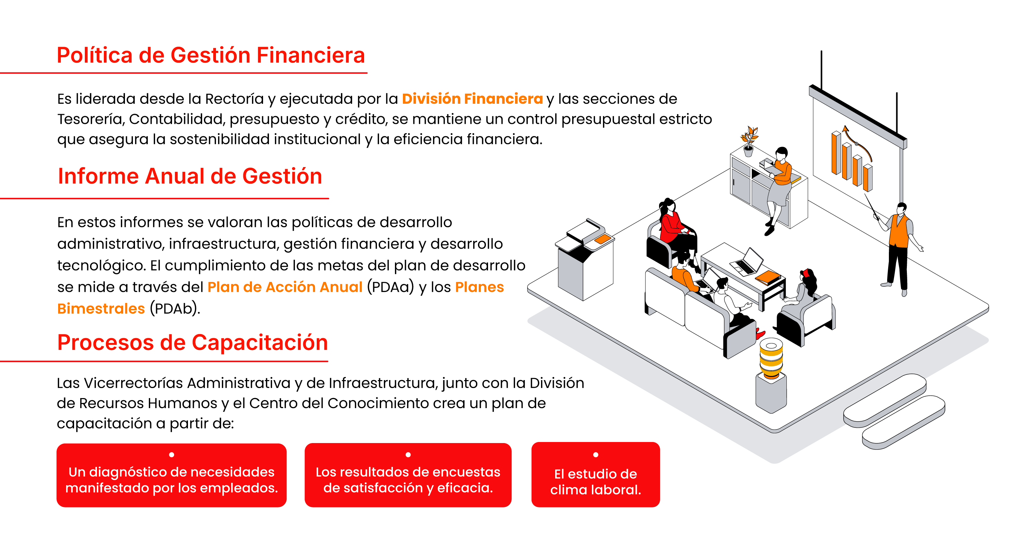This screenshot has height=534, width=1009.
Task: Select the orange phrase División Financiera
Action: pos(472,99)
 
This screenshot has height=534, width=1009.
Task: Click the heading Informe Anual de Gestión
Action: pos(190,176)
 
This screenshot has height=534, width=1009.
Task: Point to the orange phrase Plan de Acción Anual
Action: pos(285,287)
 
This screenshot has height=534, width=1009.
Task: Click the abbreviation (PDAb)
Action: pos(175,309)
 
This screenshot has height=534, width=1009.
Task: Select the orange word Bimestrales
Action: pos(101,309)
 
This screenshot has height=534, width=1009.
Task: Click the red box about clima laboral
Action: pos(595,475)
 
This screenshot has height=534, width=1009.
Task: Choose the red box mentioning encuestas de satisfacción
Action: pos(408,475)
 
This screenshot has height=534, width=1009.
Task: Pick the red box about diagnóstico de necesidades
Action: pos(172,475)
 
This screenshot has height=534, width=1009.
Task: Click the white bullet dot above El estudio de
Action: pos(596,454)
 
